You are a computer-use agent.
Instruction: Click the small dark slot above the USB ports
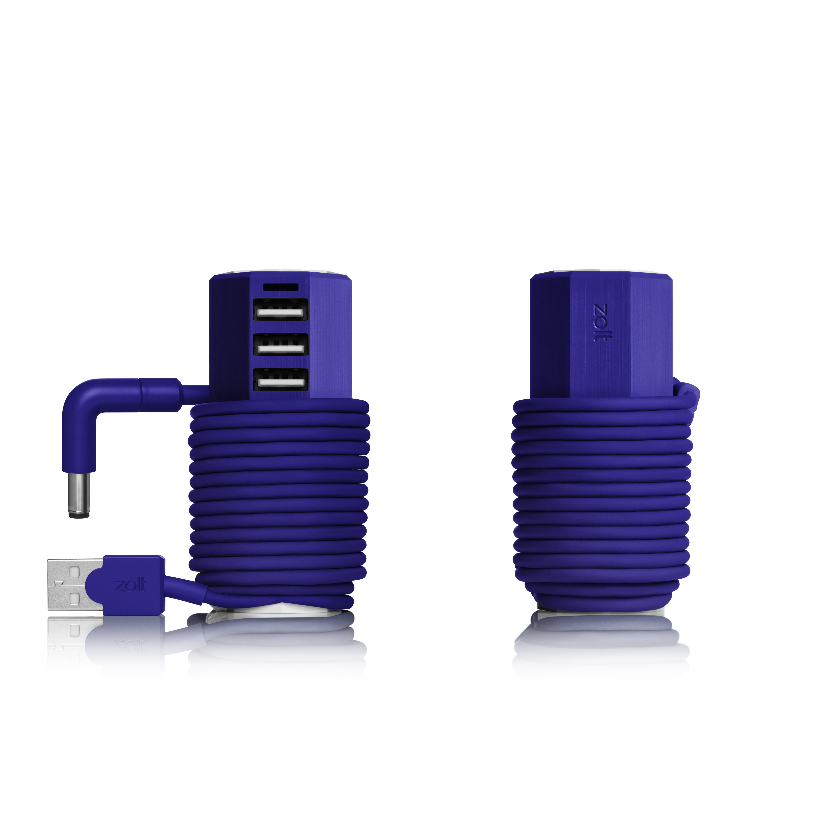coord(280,287)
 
